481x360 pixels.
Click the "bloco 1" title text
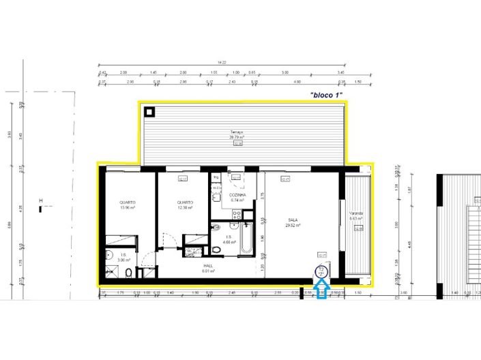click(325, 95)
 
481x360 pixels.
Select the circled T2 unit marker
click(323, 273)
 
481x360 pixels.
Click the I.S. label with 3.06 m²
click(122, 256)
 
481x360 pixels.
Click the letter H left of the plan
click(41, 200)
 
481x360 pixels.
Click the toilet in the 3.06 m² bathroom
click(128, 273)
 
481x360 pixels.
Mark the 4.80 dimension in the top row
click(297, 82)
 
